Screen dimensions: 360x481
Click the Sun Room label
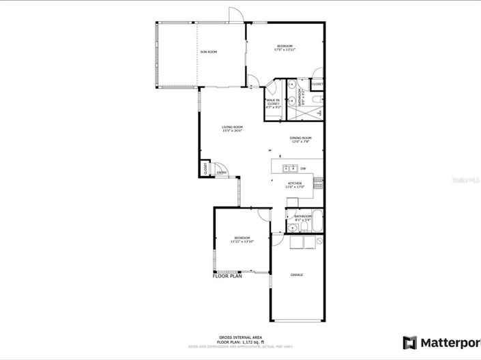[208, 52]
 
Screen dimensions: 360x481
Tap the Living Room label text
[232, 127]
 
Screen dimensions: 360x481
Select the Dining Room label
[301, 138]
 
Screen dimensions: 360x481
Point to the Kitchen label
[295, 183]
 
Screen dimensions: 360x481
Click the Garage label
[297, 275]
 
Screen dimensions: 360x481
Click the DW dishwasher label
[303, 168]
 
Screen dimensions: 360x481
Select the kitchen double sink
[289, 168]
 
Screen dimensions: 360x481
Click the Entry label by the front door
[222, 172]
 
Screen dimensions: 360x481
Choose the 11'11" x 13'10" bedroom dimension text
[242, 241]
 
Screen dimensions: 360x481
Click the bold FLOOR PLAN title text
[227, 277]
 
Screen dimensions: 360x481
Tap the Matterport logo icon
[409, 342]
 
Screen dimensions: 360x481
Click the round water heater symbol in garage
[319, 241]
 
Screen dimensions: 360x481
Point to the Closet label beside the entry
[205, 168]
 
